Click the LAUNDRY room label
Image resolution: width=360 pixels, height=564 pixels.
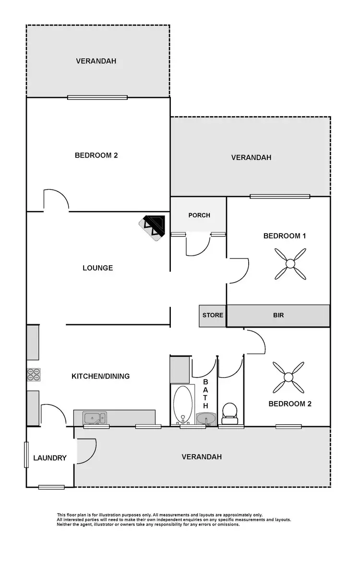[x=50, y=458]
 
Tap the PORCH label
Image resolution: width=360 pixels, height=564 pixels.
[x=199, y=215]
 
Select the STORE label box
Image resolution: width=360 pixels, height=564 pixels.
[x=213, y=315]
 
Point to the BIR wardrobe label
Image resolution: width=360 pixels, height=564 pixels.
[x=278, y=315]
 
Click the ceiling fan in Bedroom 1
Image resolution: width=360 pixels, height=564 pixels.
[x=290, y=263]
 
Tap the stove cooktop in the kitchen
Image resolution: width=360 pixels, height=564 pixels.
[x=34, y=375]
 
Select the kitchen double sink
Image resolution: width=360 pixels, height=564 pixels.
[x=95, y=417]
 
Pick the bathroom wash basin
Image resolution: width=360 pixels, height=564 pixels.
[x=207, y=418]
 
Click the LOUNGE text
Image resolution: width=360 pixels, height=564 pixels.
[x=97, y=268]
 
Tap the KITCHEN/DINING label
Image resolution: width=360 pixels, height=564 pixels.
[x=100, y=376]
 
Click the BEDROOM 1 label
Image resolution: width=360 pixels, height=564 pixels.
[x=285, y=236]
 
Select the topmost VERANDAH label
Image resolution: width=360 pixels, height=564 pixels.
[x=96, y=61]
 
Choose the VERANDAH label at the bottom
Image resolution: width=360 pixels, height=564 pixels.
[x=202, y=457]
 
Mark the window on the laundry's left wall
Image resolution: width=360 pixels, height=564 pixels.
[x=26, y=454]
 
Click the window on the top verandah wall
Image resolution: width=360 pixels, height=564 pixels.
[x=97, y=98]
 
